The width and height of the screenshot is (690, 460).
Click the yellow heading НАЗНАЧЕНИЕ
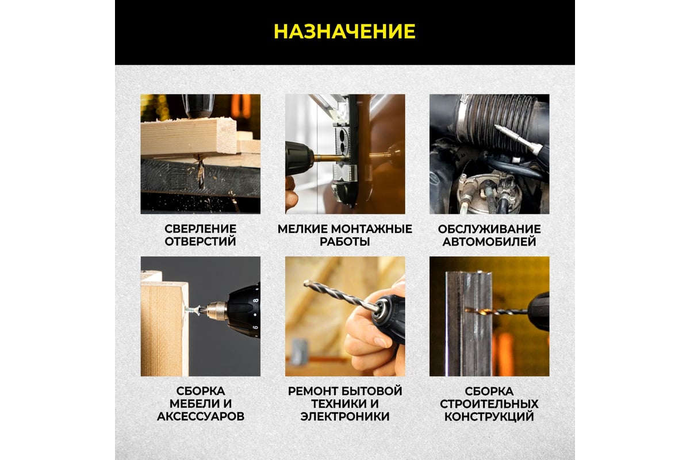(344, 32)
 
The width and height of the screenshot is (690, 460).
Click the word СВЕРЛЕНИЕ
(201, 229)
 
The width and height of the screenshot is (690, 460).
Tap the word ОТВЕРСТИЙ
(201, 241)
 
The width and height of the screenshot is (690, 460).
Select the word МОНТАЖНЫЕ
(371, 229)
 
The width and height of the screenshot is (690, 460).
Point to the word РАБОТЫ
(344, 241)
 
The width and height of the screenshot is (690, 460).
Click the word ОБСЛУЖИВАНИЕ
(489, 229)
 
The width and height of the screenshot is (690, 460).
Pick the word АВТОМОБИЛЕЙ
(489, 242)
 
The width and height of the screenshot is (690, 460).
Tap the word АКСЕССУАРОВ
(201, 416)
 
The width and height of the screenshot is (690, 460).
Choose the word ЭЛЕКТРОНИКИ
(344, 416)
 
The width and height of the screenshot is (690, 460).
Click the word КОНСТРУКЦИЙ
(489, 417)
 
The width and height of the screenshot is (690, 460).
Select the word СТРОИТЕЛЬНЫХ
(489, 404)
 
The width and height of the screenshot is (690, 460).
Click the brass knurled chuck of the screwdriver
(217, 311)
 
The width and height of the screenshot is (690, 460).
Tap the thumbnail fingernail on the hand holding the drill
(380, 342)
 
